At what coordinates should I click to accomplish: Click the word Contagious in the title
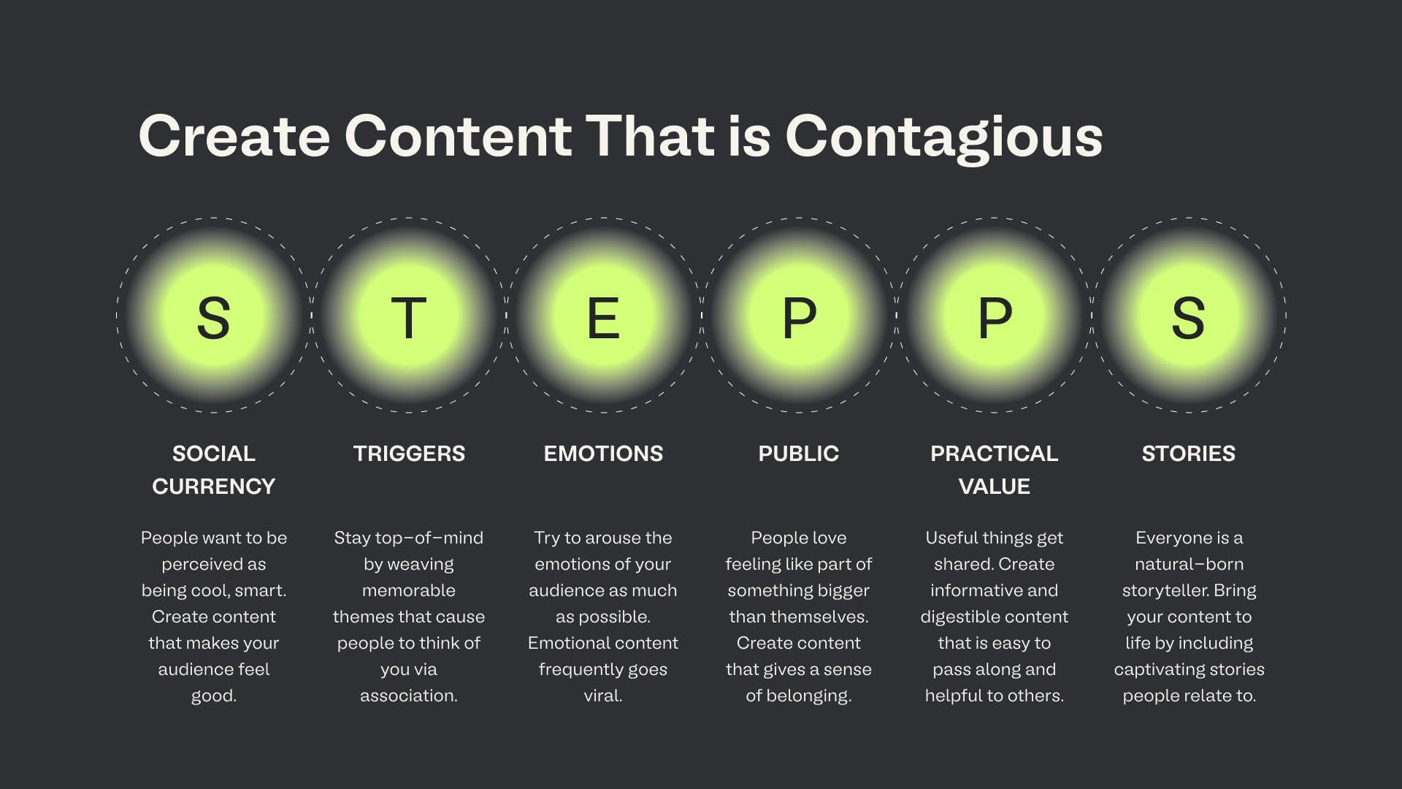tap(943, 137)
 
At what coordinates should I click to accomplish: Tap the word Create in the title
tap(234, 137)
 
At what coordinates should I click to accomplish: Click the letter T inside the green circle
tap(409, 318)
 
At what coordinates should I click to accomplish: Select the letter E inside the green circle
tap(603, 318)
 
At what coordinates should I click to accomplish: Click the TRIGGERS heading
tap(409, 454)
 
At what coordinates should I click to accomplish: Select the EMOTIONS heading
tap(603, 454)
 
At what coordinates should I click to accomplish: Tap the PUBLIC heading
tap(799, 454)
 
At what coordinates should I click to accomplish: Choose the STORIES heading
tap(1189, 454)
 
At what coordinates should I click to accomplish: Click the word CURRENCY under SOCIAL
tap(214, 487)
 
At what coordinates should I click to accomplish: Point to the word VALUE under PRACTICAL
tap(994, 487)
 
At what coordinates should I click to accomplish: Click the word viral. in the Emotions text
tap(603, 695)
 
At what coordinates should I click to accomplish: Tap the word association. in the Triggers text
tap(409, 695)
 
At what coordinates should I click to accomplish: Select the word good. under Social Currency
tap(214, 695)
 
